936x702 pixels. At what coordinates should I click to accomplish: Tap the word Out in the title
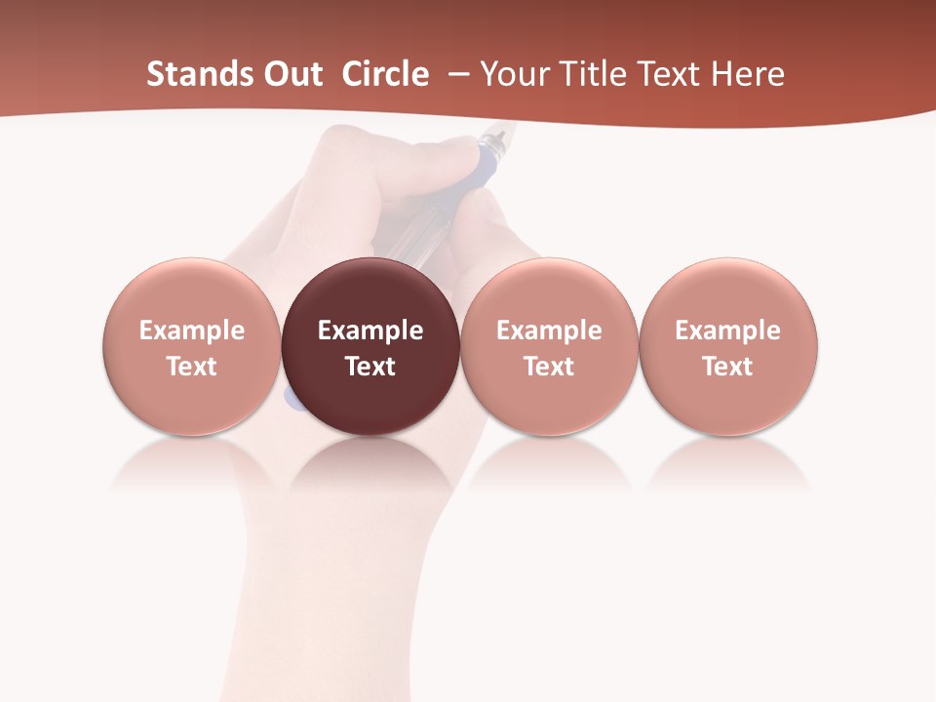(x=291, y=74)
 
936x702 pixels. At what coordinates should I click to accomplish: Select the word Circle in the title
(x=385, y=74)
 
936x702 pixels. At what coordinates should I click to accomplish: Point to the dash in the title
(x=455, y=74)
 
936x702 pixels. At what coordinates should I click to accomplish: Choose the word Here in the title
(x=747, y=74)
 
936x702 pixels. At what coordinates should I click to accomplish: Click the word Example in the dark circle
(x=370, y=331)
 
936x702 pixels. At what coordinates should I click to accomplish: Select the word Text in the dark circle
(x=370, y=367)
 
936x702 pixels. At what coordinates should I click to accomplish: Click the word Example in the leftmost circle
(x=192, y=331)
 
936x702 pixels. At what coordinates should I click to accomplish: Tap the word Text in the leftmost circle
(x=192, y=367)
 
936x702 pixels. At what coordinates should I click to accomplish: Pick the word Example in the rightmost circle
(x=728, y=331)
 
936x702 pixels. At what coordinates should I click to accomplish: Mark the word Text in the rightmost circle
(x=728, y=367)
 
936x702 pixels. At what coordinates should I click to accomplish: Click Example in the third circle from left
(x=549, y=331)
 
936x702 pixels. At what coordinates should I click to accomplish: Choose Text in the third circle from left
(x=549, y=367)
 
